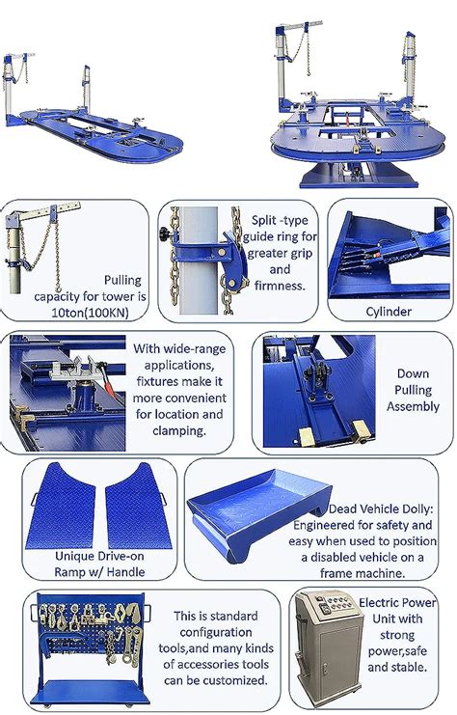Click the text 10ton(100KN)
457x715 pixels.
click(90, 313)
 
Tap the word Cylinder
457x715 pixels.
click(389, 312)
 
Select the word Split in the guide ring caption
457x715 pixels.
click(264, 220)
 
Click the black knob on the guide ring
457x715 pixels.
click(165, 234)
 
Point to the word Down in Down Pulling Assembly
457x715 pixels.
click(413, 373)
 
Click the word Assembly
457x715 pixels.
click(413, 406)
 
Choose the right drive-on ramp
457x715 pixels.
click(138, 506)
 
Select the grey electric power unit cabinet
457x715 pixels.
click(328, 648)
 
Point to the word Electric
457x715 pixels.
click(377, 603)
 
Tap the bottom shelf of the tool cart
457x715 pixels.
click(91, 692)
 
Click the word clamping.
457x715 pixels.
click(179, 431)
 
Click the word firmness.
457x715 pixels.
click(280, 286)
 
